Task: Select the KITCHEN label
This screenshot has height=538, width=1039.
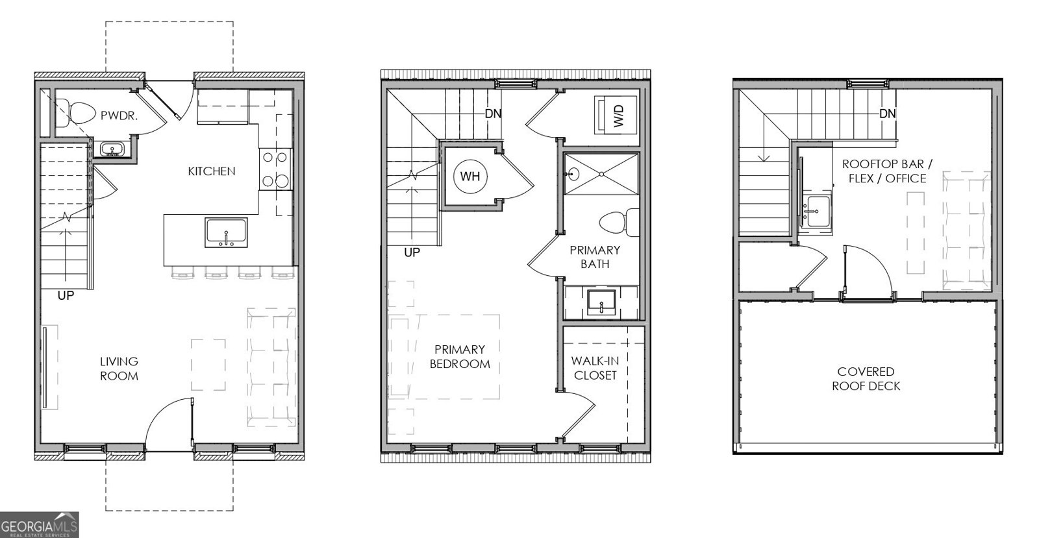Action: pos(212,171)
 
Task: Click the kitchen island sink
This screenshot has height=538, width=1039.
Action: pos(226,232)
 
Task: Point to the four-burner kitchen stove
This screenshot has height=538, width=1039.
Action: pos(274,169)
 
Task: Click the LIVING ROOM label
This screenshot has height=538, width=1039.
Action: pos(119,369)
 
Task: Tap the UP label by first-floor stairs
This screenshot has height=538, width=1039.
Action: pos(66,295)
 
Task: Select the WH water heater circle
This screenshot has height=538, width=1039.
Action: pos(470,176)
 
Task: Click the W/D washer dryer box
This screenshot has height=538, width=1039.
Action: pos(616,115)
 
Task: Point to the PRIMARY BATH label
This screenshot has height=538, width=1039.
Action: pos(595,257)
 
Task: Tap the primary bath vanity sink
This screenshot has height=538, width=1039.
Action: pos(601,302)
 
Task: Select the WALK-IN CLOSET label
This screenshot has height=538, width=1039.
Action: pos(595,368)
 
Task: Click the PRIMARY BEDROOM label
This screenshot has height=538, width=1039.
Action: pos(460,357)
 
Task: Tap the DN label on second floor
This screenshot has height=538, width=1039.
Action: pos(494,114)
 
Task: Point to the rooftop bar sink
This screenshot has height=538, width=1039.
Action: pos(816,211)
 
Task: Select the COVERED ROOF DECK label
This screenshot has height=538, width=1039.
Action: pos(866,379)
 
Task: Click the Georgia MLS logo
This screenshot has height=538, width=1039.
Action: pos(39,524)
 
